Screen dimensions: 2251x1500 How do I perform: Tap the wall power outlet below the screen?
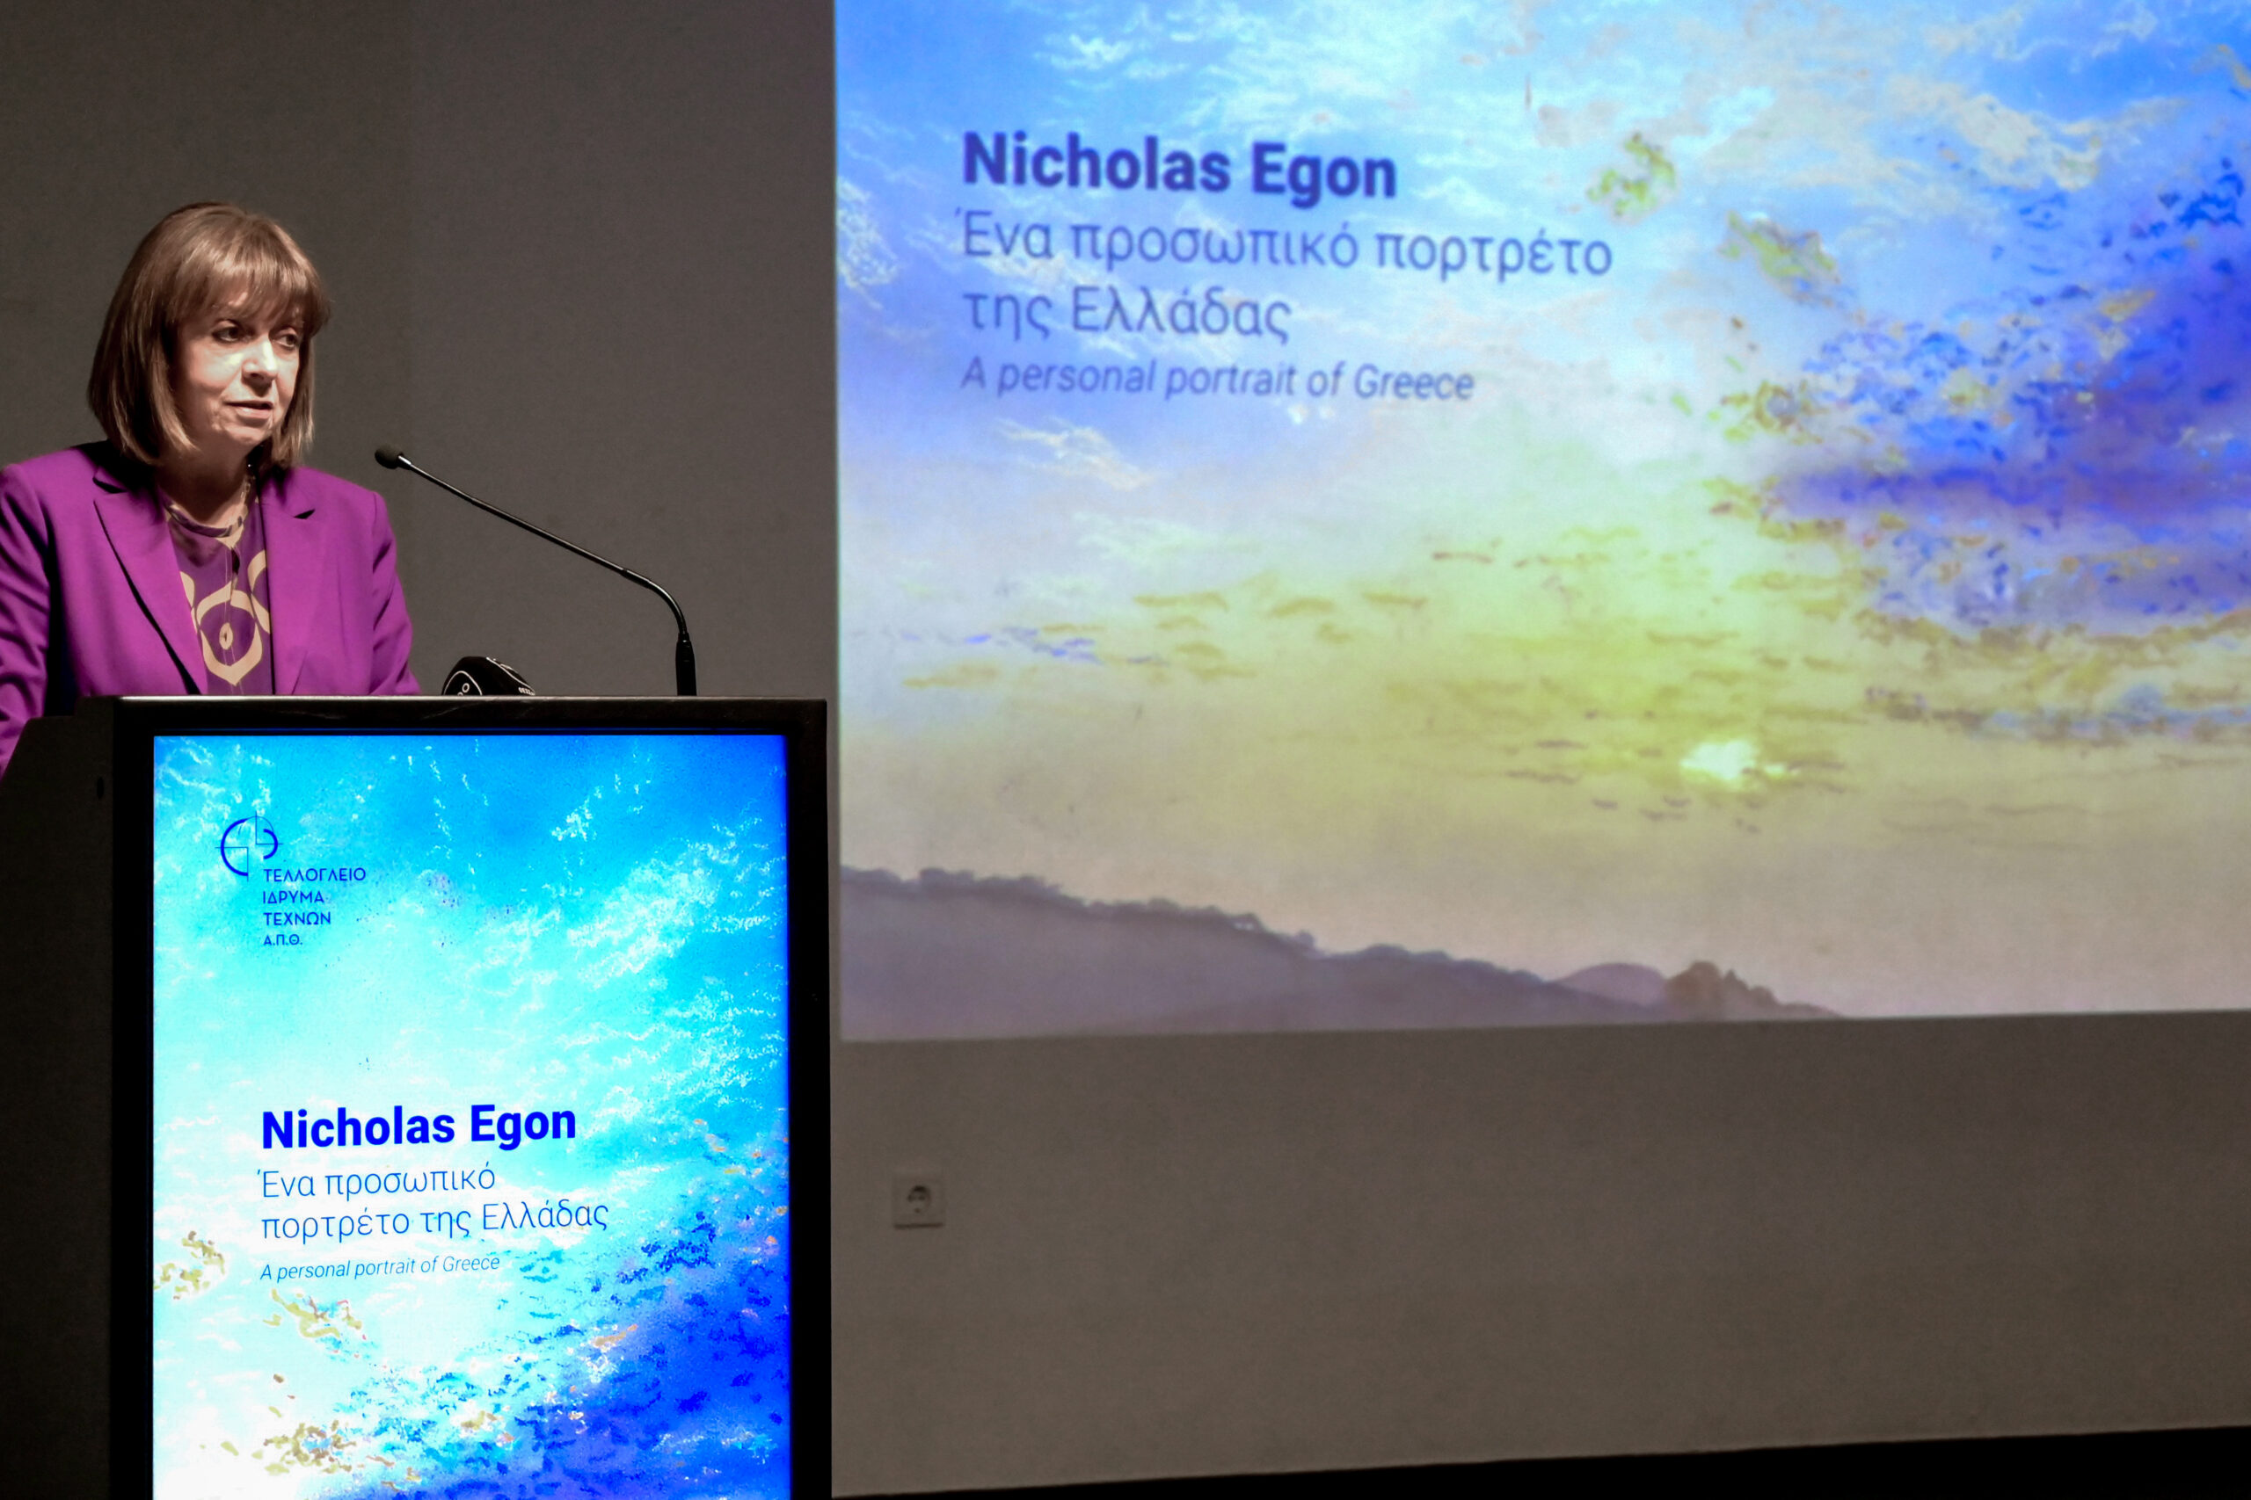918,1199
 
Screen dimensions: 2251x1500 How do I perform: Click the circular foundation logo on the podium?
249,845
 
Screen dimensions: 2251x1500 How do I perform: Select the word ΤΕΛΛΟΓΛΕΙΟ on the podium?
314,874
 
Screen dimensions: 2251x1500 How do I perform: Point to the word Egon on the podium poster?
522,1126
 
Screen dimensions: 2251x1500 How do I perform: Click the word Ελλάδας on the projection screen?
1180,312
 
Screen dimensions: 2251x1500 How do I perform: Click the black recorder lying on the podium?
486,677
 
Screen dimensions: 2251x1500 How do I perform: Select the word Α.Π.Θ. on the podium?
282,939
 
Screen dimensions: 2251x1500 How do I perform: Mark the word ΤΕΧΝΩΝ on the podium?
296,918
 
